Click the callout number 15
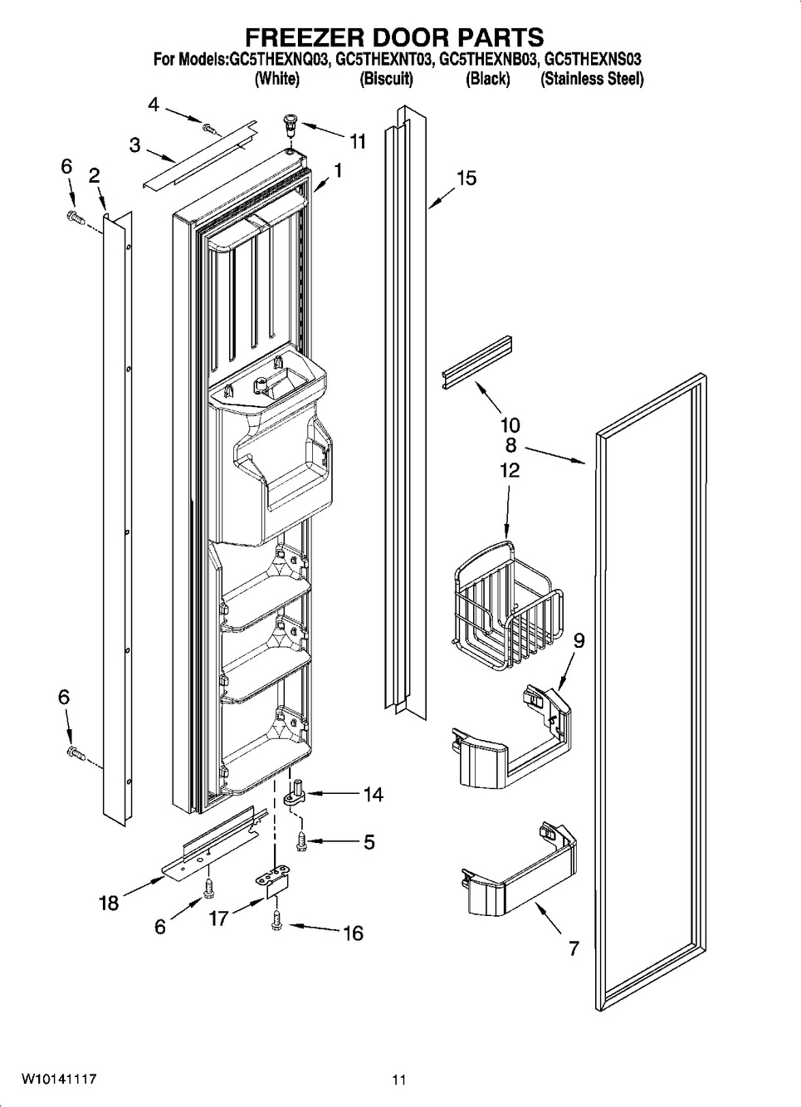466,179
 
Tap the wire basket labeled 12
508,605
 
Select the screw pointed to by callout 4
210,129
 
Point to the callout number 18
109,903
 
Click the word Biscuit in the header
386,79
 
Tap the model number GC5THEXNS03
592,60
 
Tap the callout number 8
510,445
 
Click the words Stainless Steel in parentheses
592,79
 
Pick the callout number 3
134,145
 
